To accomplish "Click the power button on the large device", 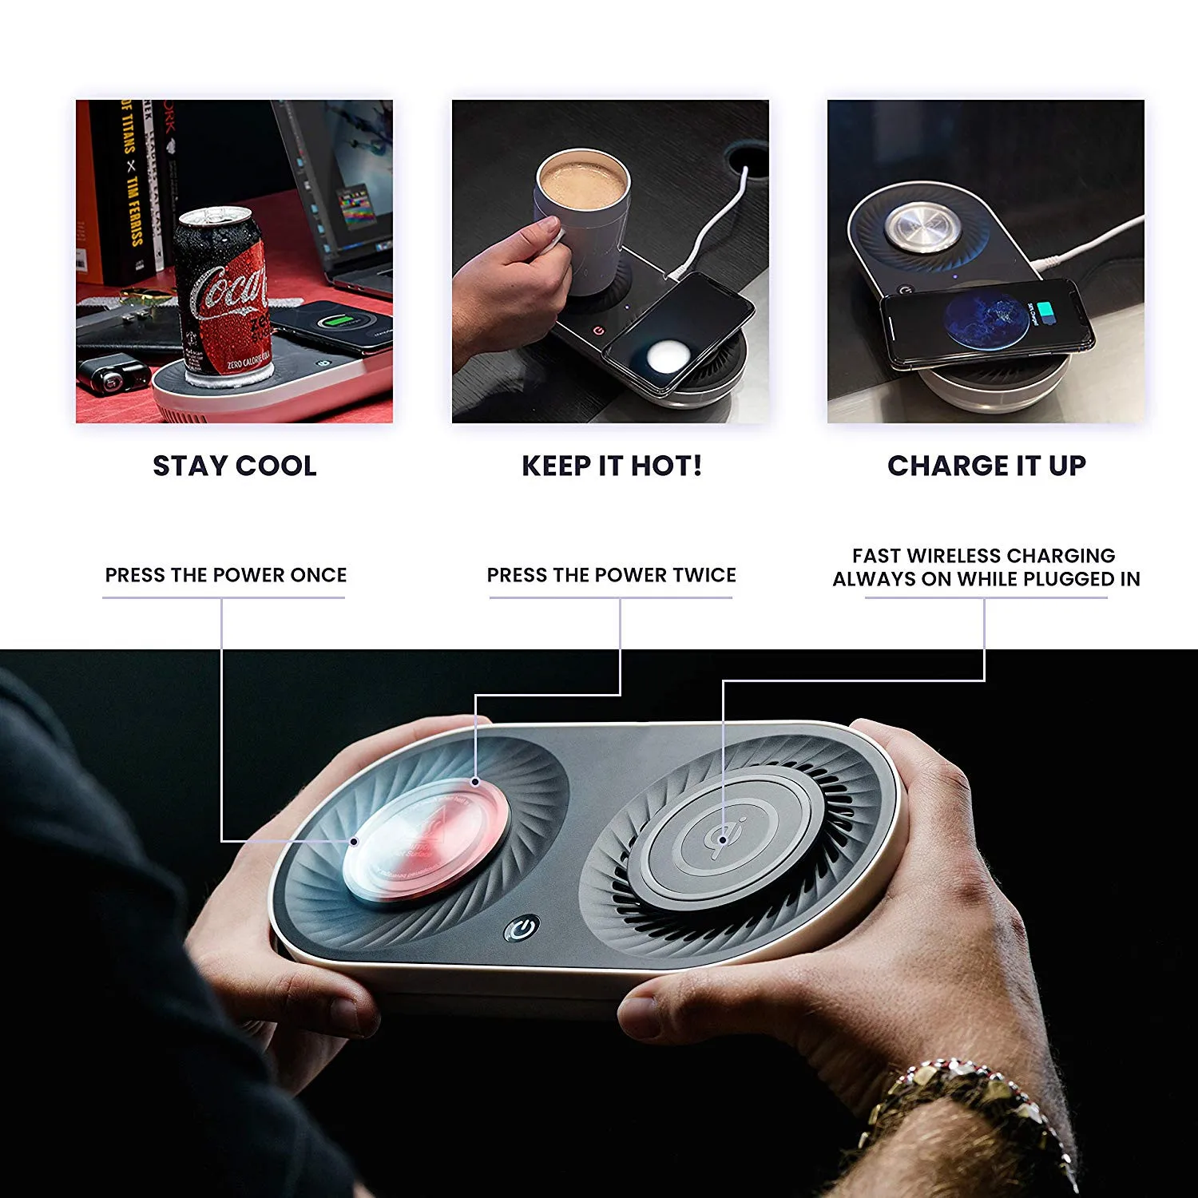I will [x=522, y=928].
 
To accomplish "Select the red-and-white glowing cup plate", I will [x=426, y=839].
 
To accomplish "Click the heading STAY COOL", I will [x=235, y=466].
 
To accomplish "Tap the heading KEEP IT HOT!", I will [x=612, y=466].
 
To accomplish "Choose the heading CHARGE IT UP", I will [x=986, y=466].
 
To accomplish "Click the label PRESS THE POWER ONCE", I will [x=226, y=575].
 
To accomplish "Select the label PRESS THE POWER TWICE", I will [x=612, y=575].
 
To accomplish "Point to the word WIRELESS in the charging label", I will [x=954, y=556].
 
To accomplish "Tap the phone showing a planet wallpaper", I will [x=986, y=323].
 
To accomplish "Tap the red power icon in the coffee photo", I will [x=597, y=329].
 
